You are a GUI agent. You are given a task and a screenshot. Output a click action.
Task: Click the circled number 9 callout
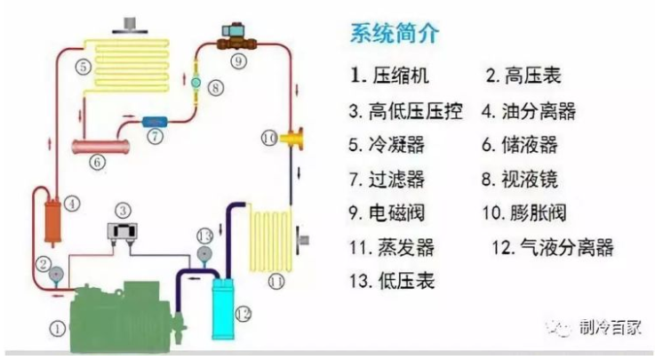[x=238, y=60]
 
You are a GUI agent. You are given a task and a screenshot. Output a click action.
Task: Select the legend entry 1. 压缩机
[x=389, y=76]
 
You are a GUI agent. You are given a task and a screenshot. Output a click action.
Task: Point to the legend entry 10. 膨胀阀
[x=523, y=212]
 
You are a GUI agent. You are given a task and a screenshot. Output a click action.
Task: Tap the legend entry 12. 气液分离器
[x=552, y=247]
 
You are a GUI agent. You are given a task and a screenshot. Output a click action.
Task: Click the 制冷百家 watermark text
[x=612, y=327]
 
